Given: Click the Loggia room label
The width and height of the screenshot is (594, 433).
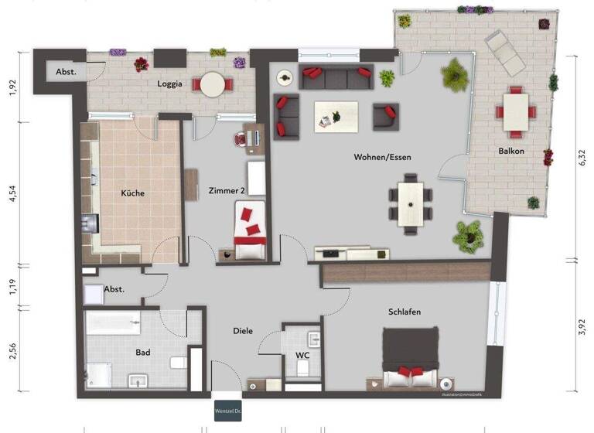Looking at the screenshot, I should [x=169, y=85].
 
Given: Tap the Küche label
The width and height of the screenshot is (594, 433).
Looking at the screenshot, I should [x=132, y=193].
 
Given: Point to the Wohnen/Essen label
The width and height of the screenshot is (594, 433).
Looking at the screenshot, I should [x=382, y=157].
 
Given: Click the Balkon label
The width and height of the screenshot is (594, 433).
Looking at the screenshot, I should [x=511, y=152].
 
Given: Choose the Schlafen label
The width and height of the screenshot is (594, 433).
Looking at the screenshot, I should [x=405, y=312].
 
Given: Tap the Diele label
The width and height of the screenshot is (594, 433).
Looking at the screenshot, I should [x=243, y=331].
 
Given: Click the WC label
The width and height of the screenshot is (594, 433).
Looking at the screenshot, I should [x=302, y=356].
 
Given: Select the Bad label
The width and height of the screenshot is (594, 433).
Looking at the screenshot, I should [x=142, y=353].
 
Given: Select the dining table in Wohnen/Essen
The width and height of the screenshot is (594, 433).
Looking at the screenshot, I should [x=410, y=203].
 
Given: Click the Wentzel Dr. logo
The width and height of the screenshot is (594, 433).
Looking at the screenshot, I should [x=227, y=411].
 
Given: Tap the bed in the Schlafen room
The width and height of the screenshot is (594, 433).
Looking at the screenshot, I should [x=410, y=357].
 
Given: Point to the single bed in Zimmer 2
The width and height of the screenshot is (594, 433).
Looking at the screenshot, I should [x=251, y=230].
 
